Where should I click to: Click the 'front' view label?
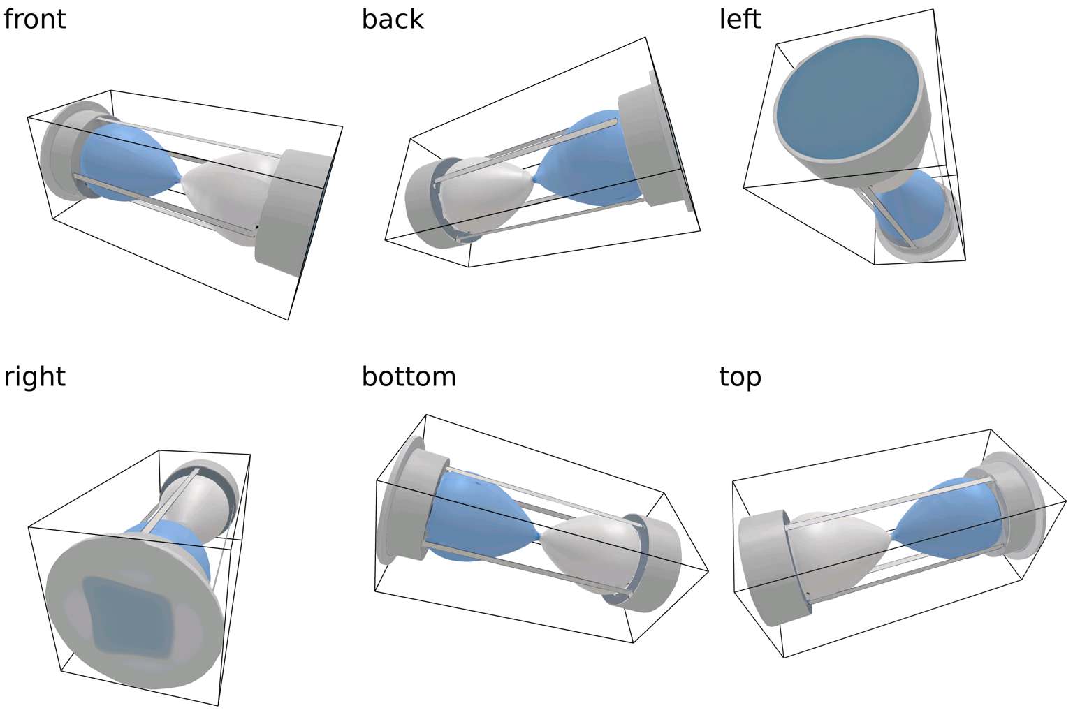click(x=35, y=19)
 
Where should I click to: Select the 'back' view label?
click(x=393, y=19)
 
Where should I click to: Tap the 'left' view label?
click(x=740, y=19)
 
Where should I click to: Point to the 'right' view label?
click(x=35, y=376)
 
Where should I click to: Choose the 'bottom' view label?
click(x=409, y=376)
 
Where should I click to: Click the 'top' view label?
click(x=740, y=376)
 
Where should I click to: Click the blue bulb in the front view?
click(x=126, y=164)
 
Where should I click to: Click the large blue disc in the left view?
click(x=845, y=98)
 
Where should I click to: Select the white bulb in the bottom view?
click(x=587, y=552)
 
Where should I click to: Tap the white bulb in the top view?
click(x=838, y=552)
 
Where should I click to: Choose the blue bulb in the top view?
click(x=943, y=517)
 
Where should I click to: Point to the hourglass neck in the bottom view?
click(x=539, y=536)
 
